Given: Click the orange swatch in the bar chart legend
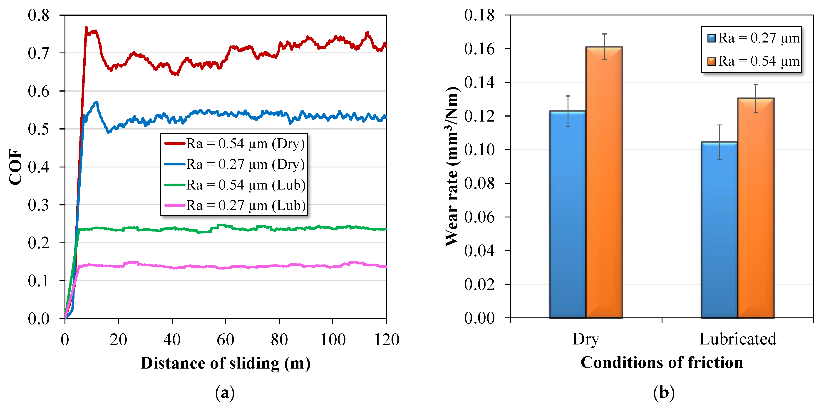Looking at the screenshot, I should point(711,61).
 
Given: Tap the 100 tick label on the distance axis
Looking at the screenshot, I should point(333,339).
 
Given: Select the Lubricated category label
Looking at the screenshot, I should point(737,339).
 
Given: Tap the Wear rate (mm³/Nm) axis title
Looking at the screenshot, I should point(452,167).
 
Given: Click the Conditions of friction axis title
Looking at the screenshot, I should point(662,362).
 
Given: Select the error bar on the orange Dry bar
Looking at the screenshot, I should point(604,47).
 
